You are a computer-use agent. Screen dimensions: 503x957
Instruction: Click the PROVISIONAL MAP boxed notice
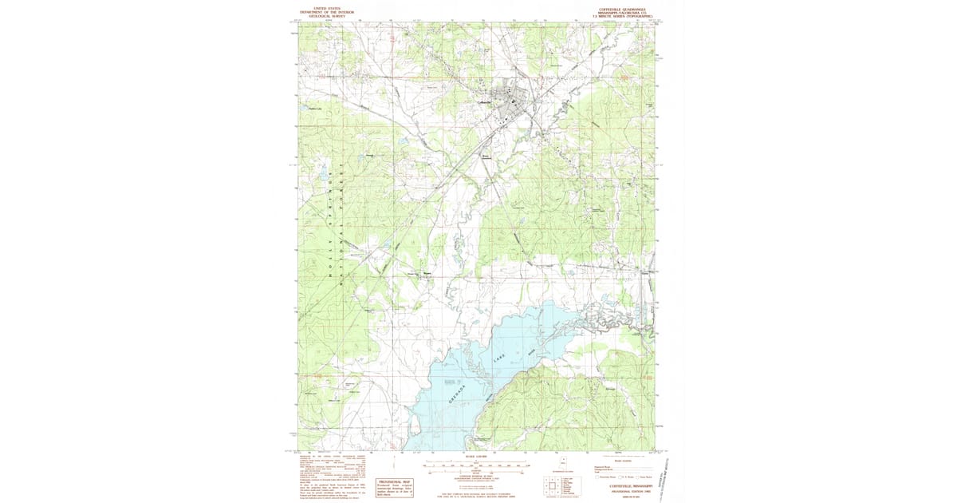395,487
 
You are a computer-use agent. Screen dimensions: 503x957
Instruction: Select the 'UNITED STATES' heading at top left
327,6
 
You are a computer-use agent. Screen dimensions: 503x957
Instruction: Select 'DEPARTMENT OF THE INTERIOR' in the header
327,10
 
